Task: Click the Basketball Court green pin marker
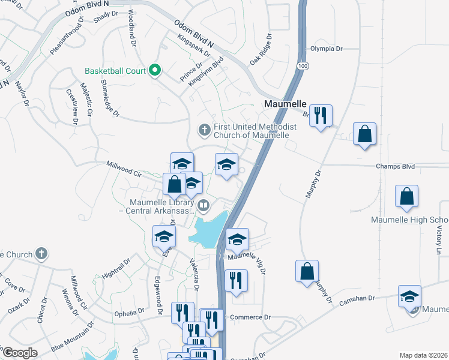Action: click(x=155, y=71)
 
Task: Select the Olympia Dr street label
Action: click(x=326, y=49)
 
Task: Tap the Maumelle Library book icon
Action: click(x=203, y=207)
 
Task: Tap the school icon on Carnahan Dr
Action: click(x=409, y=296)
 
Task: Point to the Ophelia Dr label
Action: click(x=131, y=312)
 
